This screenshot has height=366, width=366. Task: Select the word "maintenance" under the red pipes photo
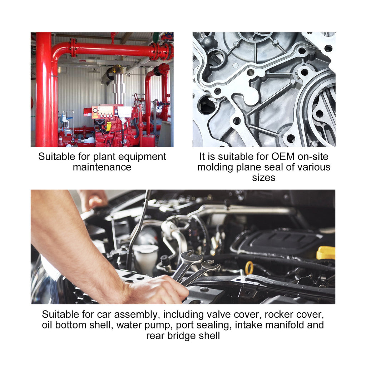point(102,167)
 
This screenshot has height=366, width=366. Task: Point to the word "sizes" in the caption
point(263,178)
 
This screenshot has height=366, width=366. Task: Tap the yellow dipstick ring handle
point(249,268)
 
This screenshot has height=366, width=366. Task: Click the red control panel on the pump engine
point(103,112)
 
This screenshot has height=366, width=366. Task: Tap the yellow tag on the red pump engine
point(109,126)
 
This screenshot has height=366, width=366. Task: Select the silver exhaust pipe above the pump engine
point(119,89)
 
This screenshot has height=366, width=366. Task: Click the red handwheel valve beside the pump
point(135,99)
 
